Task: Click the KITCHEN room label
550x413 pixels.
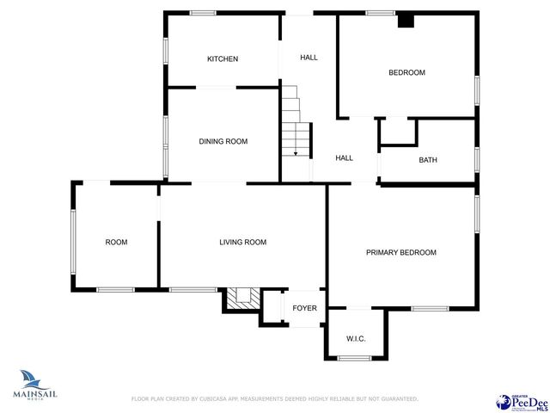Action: coord(222,59)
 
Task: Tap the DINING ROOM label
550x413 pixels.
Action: coord(223,141)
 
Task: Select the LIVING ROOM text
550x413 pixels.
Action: coord(242,243)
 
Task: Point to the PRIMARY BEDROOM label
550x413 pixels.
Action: coord(401,252)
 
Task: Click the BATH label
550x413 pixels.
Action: coord(428,160)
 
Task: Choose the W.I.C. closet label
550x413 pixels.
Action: coord(356,338)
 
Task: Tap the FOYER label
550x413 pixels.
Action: coord(305,307)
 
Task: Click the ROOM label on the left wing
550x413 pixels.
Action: coord(116,243)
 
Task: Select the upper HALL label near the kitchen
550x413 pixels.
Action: coord(309,58)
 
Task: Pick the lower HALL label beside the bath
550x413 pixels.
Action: coord(344,157)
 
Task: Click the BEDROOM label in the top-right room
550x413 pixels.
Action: coord(407,72)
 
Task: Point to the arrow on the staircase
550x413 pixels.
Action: coord(296,151)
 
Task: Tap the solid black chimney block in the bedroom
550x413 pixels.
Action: coord(406,22)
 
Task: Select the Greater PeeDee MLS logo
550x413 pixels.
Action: coord(522,401)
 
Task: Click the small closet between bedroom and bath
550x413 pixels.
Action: coord(398,131)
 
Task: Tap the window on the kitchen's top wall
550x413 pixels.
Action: coord(203,12)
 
